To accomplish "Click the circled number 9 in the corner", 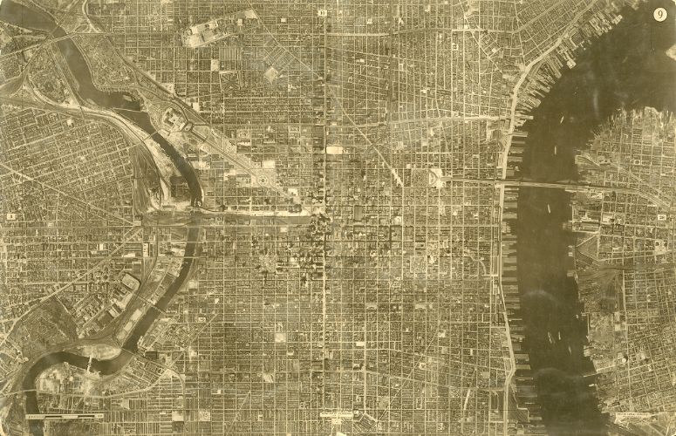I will (x=659, y=14).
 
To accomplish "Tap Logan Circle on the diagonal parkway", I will (x=261, y=178).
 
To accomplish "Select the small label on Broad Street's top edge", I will (x=324, y=13).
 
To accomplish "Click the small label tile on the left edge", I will (x=11, y=215).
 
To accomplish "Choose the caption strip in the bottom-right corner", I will (x=640, y=418).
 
